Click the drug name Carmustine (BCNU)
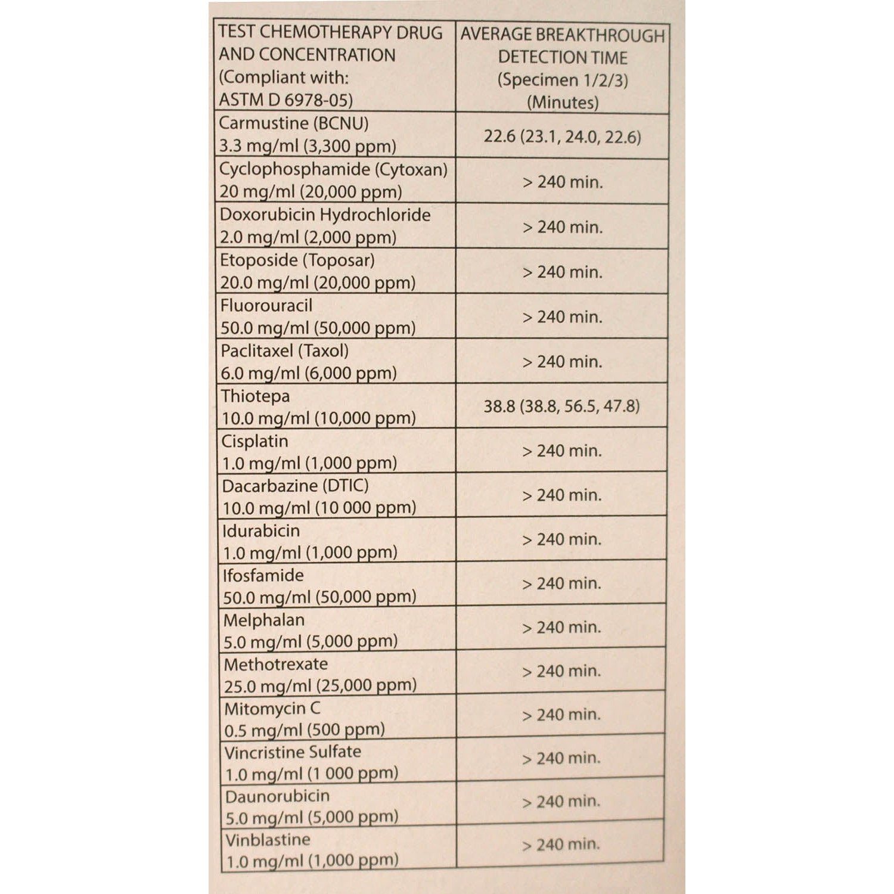coord(294,123)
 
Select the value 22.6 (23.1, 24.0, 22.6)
coord(562,137)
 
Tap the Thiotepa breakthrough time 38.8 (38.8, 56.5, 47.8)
coord(561,406)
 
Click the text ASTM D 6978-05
coord(285,100)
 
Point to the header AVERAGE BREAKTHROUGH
coord(562,35)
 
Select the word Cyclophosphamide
coord(294,169)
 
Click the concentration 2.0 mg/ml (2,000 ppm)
coord(308,237)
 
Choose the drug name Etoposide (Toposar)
coord(297,260)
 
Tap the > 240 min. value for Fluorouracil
coord(562,317)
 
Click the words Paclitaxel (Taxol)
coord(284,351)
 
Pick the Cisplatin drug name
coord(254,442)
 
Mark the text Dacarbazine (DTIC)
coord(295,486)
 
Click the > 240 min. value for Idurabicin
coord(561,539)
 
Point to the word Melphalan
coord(263,620)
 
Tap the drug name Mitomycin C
coord(272,709)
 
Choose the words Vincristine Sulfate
coord(293,752)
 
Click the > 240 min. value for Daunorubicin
coord(561,802)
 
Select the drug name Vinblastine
coord(268,840)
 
